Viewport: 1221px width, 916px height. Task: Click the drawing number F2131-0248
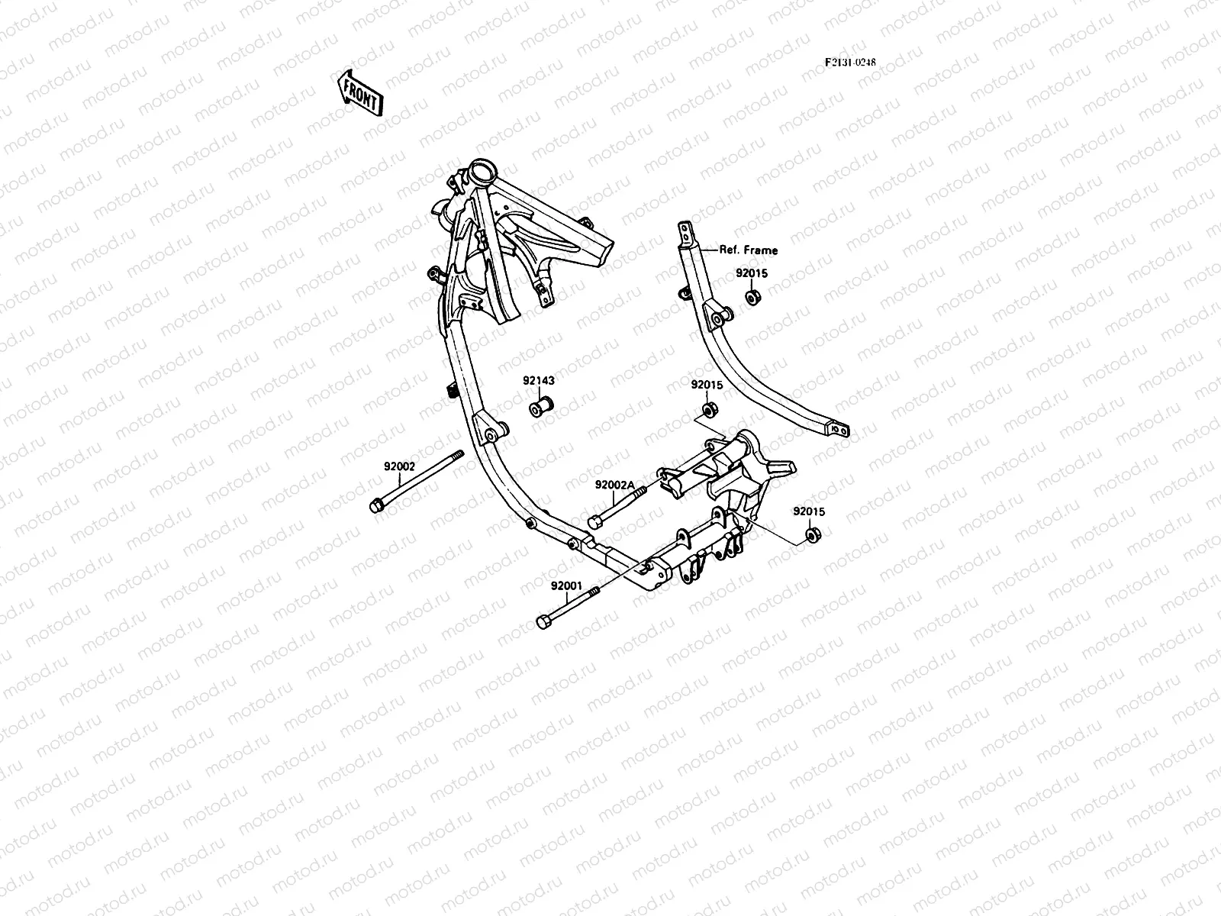pyautogui.click(x=850, y=63)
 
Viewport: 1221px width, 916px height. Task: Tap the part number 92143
pyautogui.click(x=539, y=380)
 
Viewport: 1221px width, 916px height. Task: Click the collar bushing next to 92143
pyautogui.click(x=541, y=407)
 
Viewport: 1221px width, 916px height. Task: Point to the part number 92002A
pyautogui.click(x=615, y=485)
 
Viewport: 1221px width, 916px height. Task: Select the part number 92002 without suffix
pyautogui.click(x=399, y=466)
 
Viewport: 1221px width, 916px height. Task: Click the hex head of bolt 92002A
pyautogui.click(x=595, y=522)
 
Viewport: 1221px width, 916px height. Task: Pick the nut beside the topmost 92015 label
pyautogui.click(x=752, y=297)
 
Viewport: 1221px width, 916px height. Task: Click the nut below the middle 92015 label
pyautogui.click(x=708, y=411)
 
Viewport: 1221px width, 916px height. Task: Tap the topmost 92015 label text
pyautogui.click(x=752, y=273)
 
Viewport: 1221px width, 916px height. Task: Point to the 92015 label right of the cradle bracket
pyautogui.click(x=809, y=511)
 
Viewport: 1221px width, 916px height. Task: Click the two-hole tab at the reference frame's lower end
pyautogui.click(x=839, y=431)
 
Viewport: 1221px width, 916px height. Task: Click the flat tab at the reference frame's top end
pyautogui.click(x=686, y=230)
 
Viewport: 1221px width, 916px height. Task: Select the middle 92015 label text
pyautogui.click(x=707, y=385)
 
